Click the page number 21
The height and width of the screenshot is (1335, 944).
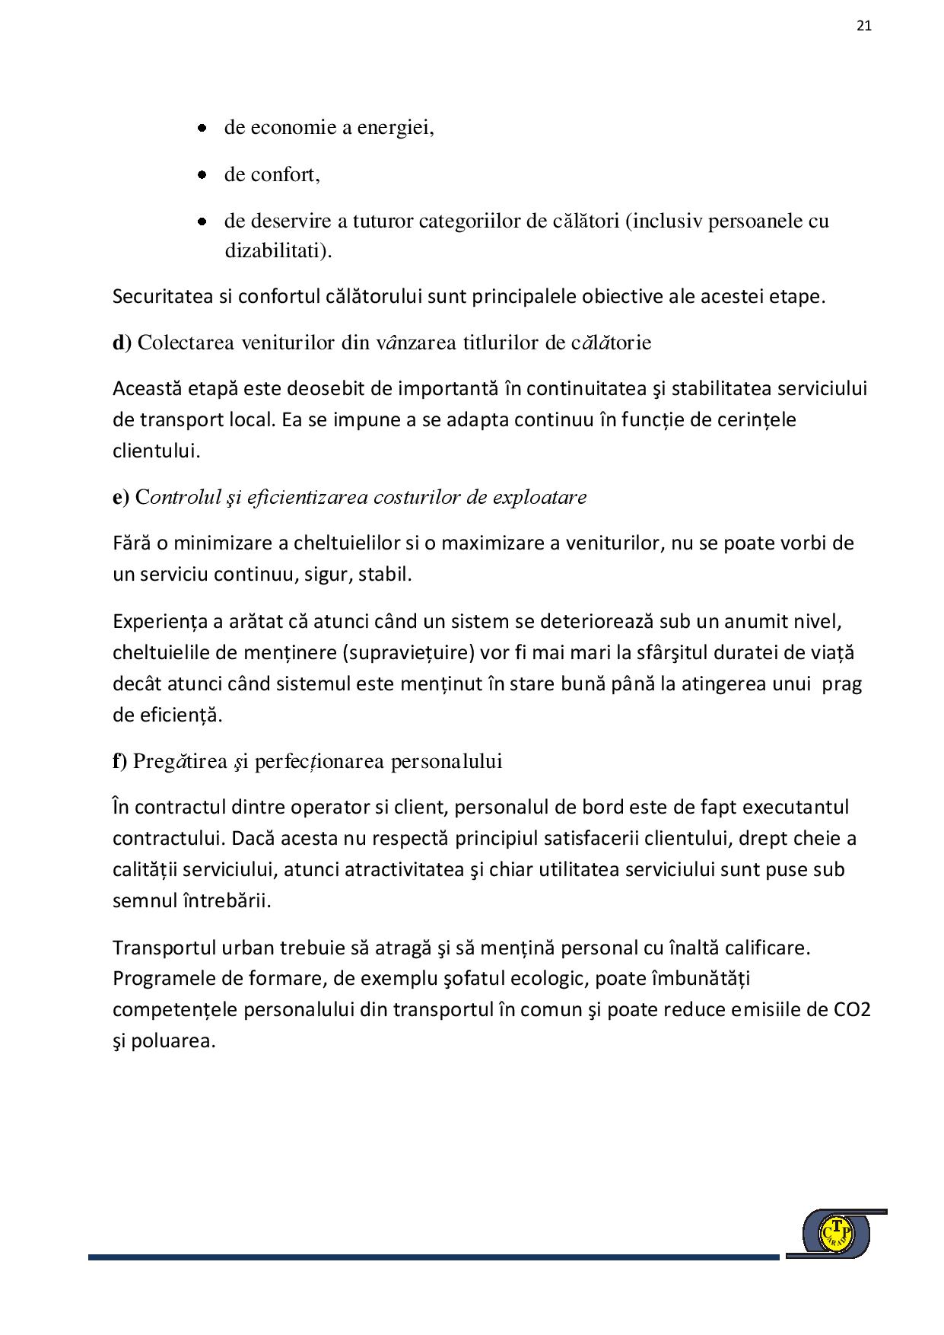(x=863, y=25)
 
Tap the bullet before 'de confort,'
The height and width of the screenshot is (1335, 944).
(x=202, y=175)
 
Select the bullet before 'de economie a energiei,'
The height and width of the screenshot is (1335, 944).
(x=202, y=128)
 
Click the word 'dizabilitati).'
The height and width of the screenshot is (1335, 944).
(x=278, y=251)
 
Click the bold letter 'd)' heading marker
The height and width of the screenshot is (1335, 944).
(x=122, y=343)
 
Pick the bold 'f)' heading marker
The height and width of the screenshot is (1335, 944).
(x=120, y=761)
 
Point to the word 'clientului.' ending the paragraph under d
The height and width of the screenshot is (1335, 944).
(x=156, y=451)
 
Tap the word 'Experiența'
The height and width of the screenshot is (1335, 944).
(x=160, y=621)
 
